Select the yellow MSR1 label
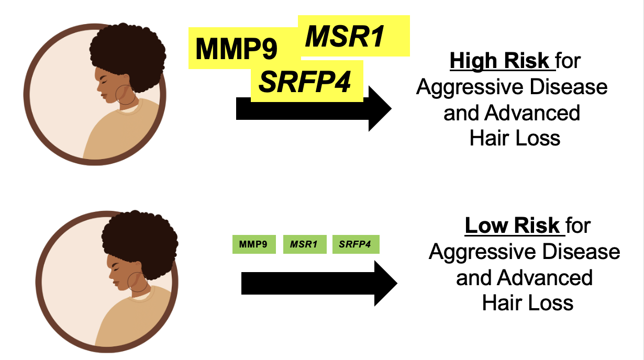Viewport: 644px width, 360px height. [x=346, y=37]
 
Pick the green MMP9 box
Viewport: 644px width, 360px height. [x=253, y=244]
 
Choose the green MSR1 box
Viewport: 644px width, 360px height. [x=304, y=244]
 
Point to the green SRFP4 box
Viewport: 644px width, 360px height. [x=355, y=244]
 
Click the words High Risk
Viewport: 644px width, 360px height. [x=499, y=61]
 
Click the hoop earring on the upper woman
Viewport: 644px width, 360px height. [x=126, y=94]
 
